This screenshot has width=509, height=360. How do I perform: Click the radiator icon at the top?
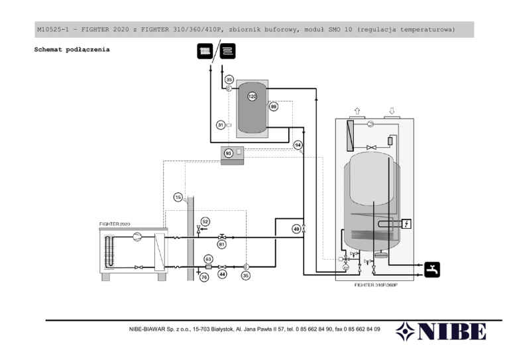click(205, 51)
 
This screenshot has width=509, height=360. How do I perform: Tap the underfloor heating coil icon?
click(227, 51)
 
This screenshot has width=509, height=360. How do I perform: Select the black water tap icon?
click(432, 269)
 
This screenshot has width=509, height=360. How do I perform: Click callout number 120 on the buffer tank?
click(253, 96)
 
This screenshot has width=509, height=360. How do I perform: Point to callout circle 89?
click(274, 107)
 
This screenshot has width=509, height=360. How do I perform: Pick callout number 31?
click(221, 125)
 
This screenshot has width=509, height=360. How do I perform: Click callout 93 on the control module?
click(229, 153)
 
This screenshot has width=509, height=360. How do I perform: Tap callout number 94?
click(298, 145)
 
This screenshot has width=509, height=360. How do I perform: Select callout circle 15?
click(178, 197)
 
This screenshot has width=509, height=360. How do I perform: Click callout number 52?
click(205, 221)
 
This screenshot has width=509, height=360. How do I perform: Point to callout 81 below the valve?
click(222, 244)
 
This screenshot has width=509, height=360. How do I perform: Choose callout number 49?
click(296, 229)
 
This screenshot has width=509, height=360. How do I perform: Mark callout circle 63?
click(208, 259)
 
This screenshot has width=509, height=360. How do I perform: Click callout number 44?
click(222, 274)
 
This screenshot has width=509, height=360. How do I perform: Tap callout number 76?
click(204, 277)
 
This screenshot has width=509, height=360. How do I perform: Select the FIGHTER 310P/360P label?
click(376, 285)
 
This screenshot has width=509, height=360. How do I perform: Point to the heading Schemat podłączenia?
click(72, 50)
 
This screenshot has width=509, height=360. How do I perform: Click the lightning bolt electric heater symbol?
click(406, 223)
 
